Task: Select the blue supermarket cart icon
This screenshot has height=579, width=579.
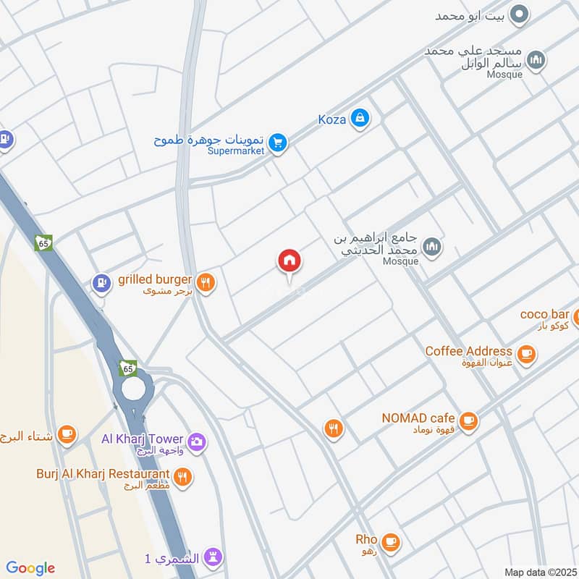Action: pos(276,143)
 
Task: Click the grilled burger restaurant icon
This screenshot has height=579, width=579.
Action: pos(206,283)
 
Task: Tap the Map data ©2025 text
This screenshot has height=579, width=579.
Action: pos(539,572)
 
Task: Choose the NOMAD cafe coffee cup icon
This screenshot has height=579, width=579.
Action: pos(468,419)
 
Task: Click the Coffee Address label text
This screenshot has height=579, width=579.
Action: pos(468,351)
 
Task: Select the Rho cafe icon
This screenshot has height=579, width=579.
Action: pos(390,541)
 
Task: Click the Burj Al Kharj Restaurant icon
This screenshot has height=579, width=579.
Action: pos(183,476)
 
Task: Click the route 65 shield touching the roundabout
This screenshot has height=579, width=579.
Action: pos(128,368)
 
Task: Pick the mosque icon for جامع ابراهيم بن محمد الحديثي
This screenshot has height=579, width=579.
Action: pos(432,248)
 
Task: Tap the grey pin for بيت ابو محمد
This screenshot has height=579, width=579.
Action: pos(519,14)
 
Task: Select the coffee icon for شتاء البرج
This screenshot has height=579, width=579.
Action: pos(67,434)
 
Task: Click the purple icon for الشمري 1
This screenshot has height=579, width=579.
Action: pos(213,557)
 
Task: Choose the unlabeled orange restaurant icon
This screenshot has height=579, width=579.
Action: pos(333,429)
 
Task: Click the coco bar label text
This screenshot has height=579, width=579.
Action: pos(544,314)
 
